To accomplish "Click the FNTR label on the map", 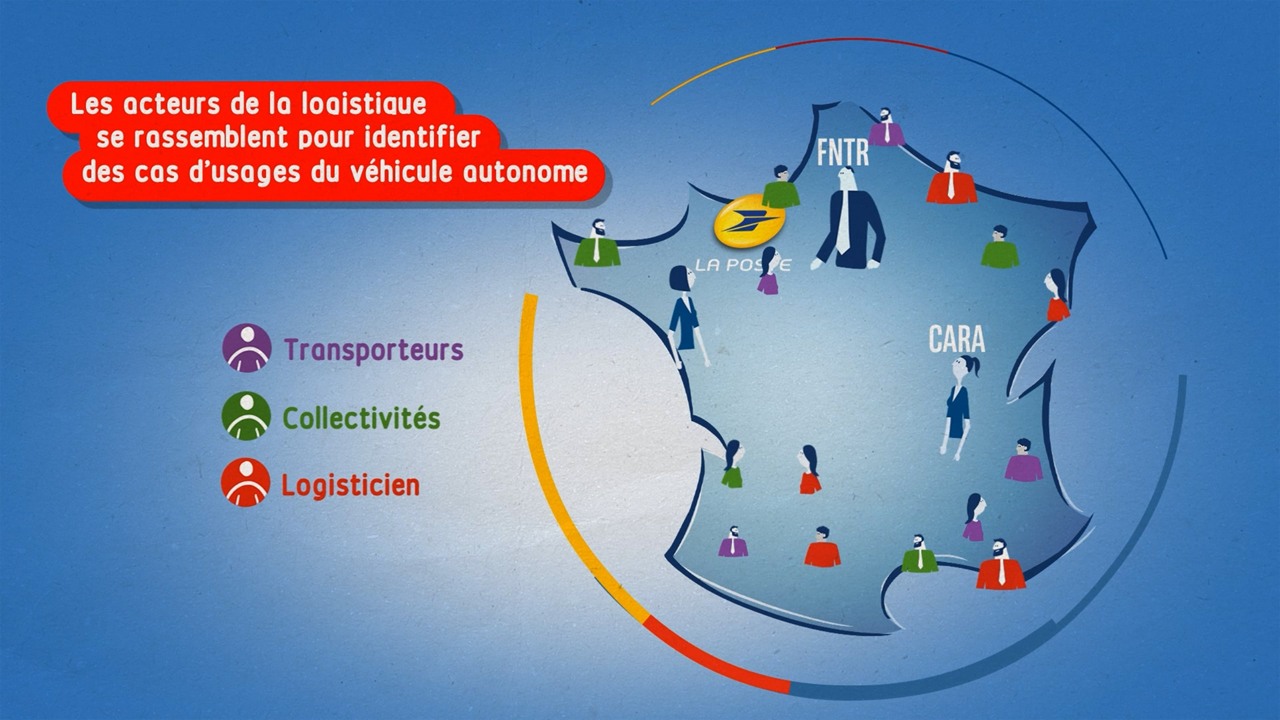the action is (843, 153).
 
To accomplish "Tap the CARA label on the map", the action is (957, 339).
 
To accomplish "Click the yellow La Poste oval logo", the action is (748, 222).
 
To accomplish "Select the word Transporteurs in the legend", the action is (373, 350).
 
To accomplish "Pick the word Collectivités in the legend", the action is (361, 418).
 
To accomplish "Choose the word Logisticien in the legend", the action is (350, 485).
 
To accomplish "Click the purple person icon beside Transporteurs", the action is (247, 348).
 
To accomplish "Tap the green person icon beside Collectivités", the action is (246, 416).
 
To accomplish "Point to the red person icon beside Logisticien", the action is (245, 483).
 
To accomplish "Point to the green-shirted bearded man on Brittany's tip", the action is (597, 244).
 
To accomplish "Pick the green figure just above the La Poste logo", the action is (781, 188).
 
